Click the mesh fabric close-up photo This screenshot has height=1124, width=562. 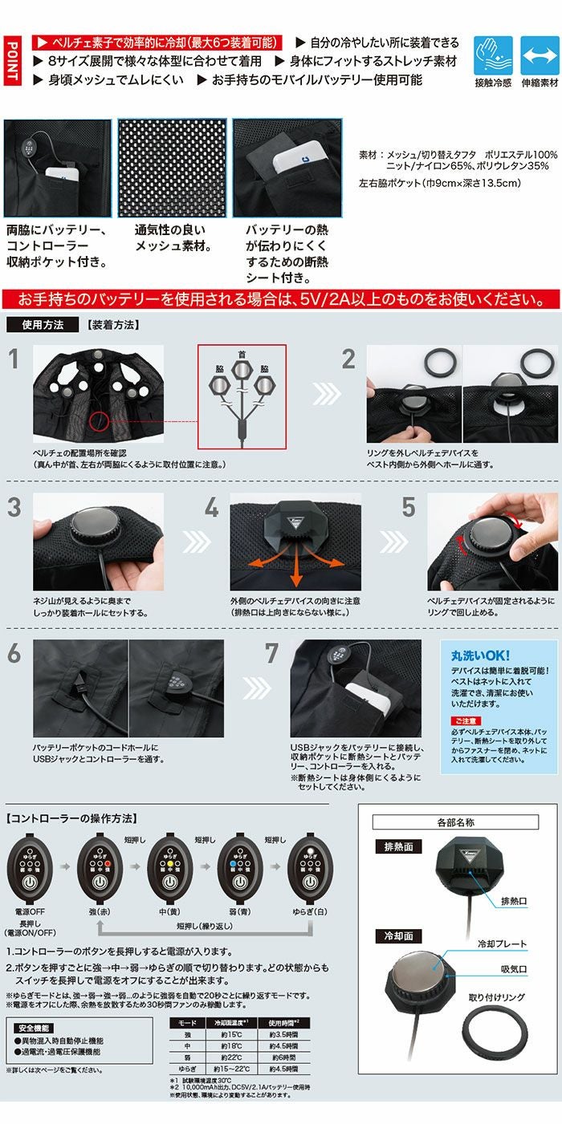172,168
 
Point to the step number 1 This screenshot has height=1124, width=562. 14,359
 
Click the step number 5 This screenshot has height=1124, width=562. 409,506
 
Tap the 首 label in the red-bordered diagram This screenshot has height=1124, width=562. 242,354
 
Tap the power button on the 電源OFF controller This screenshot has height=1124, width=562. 29,880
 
